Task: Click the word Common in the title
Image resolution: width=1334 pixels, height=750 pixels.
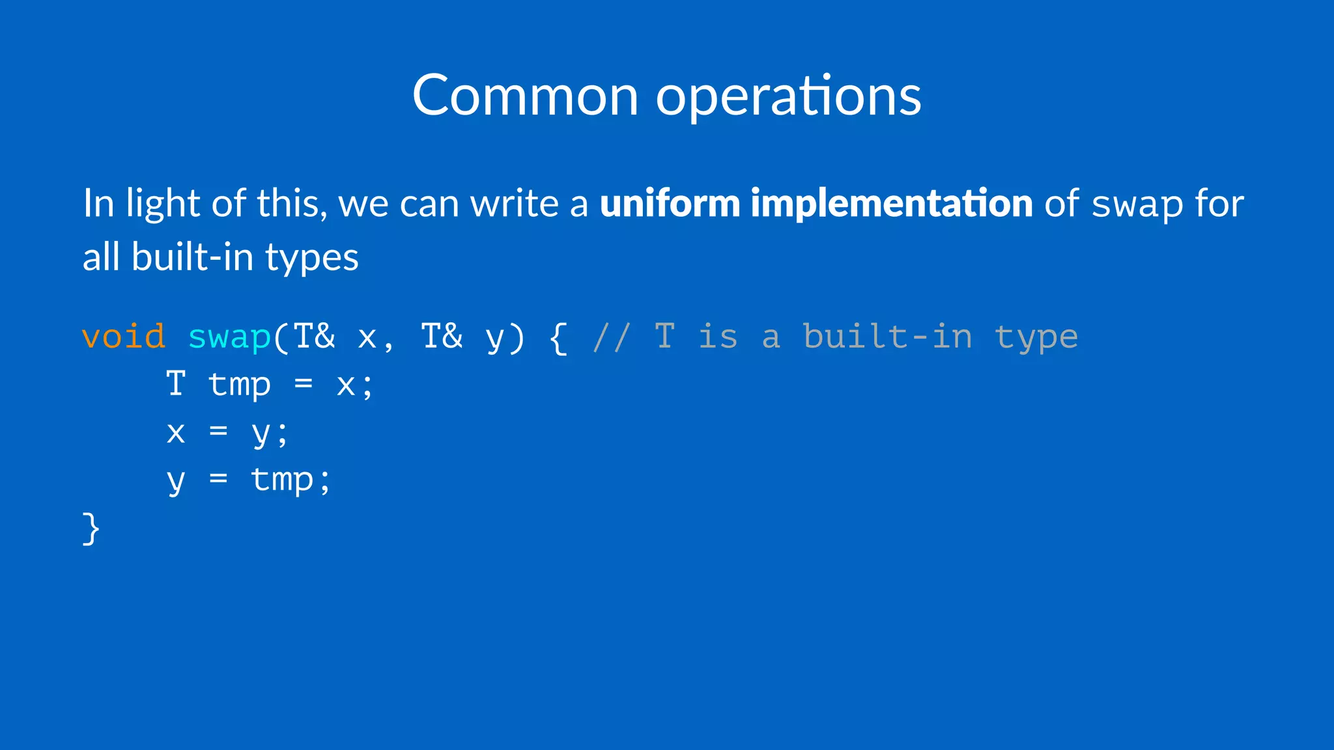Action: [x=525, y=96]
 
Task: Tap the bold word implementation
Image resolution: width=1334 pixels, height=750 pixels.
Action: [x=891, y=203]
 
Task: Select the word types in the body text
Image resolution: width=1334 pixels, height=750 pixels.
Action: [x=311, y=258]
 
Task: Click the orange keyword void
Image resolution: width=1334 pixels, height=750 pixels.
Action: [x=124, y=337]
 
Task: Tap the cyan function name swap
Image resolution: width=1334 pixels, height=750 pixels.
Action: [x=229, y=337]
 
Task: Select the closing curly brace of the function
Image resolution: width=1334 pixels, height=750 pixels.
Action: [x=91, y=528]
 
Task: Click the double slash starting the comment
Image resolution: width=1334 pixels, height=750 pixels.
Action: [x=611, y=337]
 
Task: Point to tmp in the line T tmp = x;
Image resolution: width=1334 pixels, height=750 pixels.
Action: [x=240, y=385]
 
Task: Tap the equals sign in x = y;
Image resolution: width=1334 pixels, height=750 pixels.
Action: [x=218, y=432]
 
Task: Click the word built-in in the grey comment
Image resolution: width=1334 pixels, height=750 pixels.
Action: [x=887, y=337]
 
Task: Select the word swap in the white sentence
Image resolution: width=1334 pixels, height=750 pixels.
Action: [x=1137, y=204]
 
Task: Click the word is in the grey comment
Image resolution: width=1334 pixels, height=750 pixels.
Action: [x=718, y=337]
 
